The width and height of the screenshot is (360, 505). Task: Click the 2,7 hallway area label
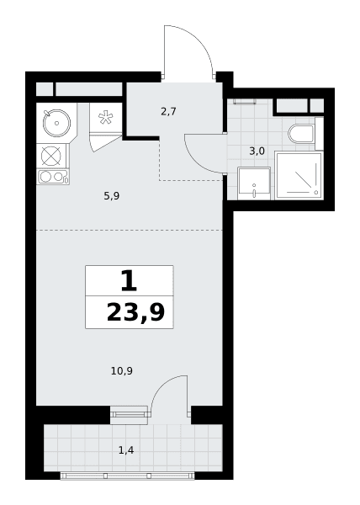pos(168,112)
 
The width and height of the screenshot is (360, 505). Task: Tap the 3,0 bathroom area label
pos(257,151)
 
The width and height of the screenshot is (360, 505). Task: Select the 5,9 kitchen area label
pos(112,196)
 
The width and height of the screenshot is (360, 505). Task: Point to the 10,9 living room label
pos(122,371)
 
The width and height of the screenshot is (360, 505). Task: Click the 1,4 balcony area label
pos(126,450)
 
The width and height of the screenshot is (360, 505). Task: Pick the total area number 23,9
pos(135,312)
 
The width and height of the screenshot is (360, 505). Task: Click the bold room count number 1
pos(129,281)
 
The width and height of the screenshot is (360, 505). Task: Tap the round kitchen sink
pos(56,123)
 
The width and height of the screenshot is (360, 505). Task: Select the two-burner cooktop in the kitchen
pos(53,177)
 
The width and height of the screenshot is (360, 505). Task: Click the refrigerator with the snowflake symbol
pos(105,118)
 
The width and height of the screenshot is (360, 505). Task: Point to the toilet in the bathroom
pos(302,134)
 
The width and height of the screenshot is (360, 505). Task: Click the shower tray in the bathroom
pos(299,176)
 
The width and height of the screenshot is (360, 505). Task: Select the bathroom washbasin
pos(254,183)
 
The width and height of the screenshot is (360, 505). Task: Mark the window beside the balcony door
pos(129,415)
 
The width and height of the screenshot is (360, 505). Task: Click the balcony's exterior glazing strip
pos(127,476)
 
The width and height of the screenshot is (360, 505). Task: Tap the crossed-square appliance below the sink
pos(51,156)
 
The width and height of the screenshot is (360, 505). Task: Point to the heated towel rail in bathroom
pos(245,102)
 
